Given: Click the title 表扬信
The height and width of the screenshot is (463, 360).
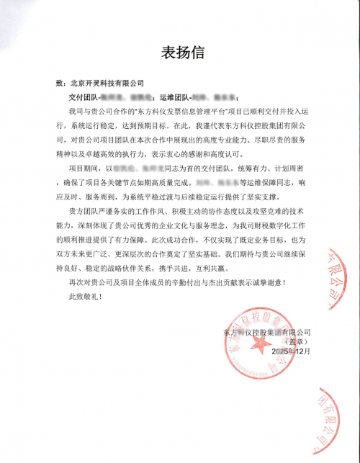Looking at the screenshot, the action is [179, 53].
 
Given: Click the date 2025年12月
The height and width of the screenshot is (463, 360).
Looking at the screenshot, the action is [290, 351].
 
